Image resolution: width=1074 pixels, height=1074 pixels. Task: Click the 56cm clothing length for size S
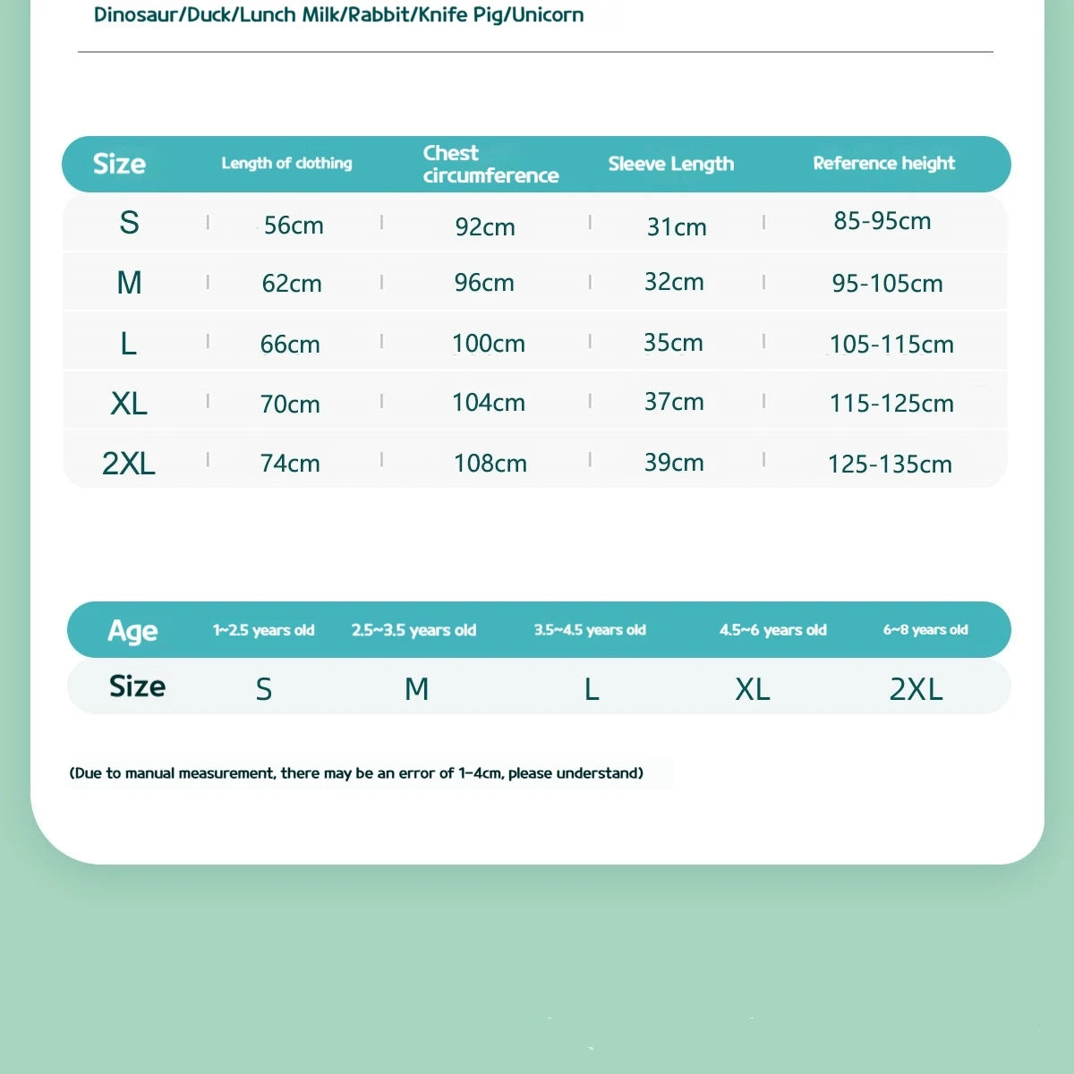(x=294, y=226)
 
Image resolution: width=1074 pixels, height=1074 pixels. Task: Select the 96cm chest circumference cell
(x=484, y=283)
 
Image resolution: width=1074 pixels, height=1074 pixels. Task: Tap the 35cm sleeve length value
(x=673, y=343)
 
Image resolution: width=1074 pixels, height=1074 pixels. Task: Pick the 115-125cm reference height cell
(x=891, y=404)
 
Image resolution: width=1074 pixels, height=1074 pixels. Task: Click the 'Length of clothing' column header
(x=286, y=163)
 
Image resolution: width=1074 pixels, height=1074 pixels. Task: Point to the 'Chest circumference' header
(x=490, y=164)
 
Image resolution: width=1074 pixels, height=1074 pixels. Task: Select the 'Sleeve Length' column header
(x=670, y=164)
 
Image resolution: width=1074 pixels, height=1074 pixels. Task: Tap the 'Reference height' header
(x=883, y=163)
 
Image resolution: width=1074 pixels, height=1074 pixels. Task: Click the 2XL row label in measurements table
(x=129, y=464)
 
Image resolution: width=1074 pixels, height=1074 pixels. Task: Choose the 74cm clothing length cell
(x=290, y=464)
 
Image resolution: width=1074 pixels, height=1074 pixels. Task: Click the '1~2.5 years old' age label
(x=263, y=630)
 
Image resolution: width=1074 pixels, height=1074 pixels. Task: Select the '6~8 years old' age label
(x=925, y=630)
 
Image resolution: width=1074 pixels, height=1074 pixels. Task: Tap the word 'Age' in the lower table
(x=132, y=631)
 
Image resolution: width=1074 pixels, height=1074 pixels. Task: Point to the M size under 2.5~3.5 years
(x=417, y=689)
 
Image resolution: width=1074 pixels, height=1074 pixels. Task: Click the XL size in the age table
(x=753, y=689)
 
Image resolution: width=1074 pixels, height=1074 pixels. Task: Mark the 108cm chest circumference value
(x=490, y=464)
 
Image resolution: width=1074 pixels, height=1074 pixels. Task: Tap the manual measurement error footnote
(x=356, y=773)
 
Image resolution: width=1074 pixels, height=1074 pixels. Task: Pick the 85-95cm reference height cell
(x=882, y=221)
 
